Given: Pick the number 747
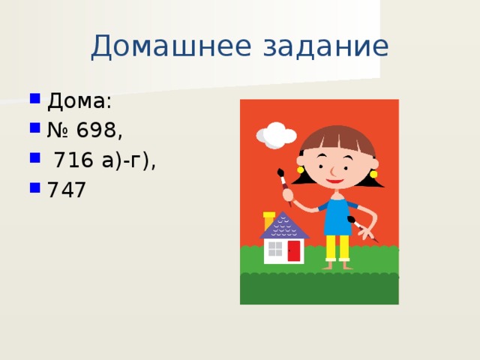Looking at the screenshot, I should [66, 190].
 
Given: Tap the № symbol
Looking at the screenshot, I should [58, 130].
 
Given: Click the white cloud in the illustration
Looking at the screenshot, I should [276, 135].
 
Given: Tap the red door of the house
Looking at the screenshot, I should [293, 250].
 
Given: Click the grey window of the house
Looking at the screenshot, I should [275, 249].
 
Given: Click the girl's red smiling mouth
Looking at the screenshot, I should [334, 181].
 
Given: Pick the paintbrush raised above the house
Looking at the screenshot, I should [284, 184].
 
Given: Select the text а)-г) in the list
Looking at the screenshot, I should [127, 160].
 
